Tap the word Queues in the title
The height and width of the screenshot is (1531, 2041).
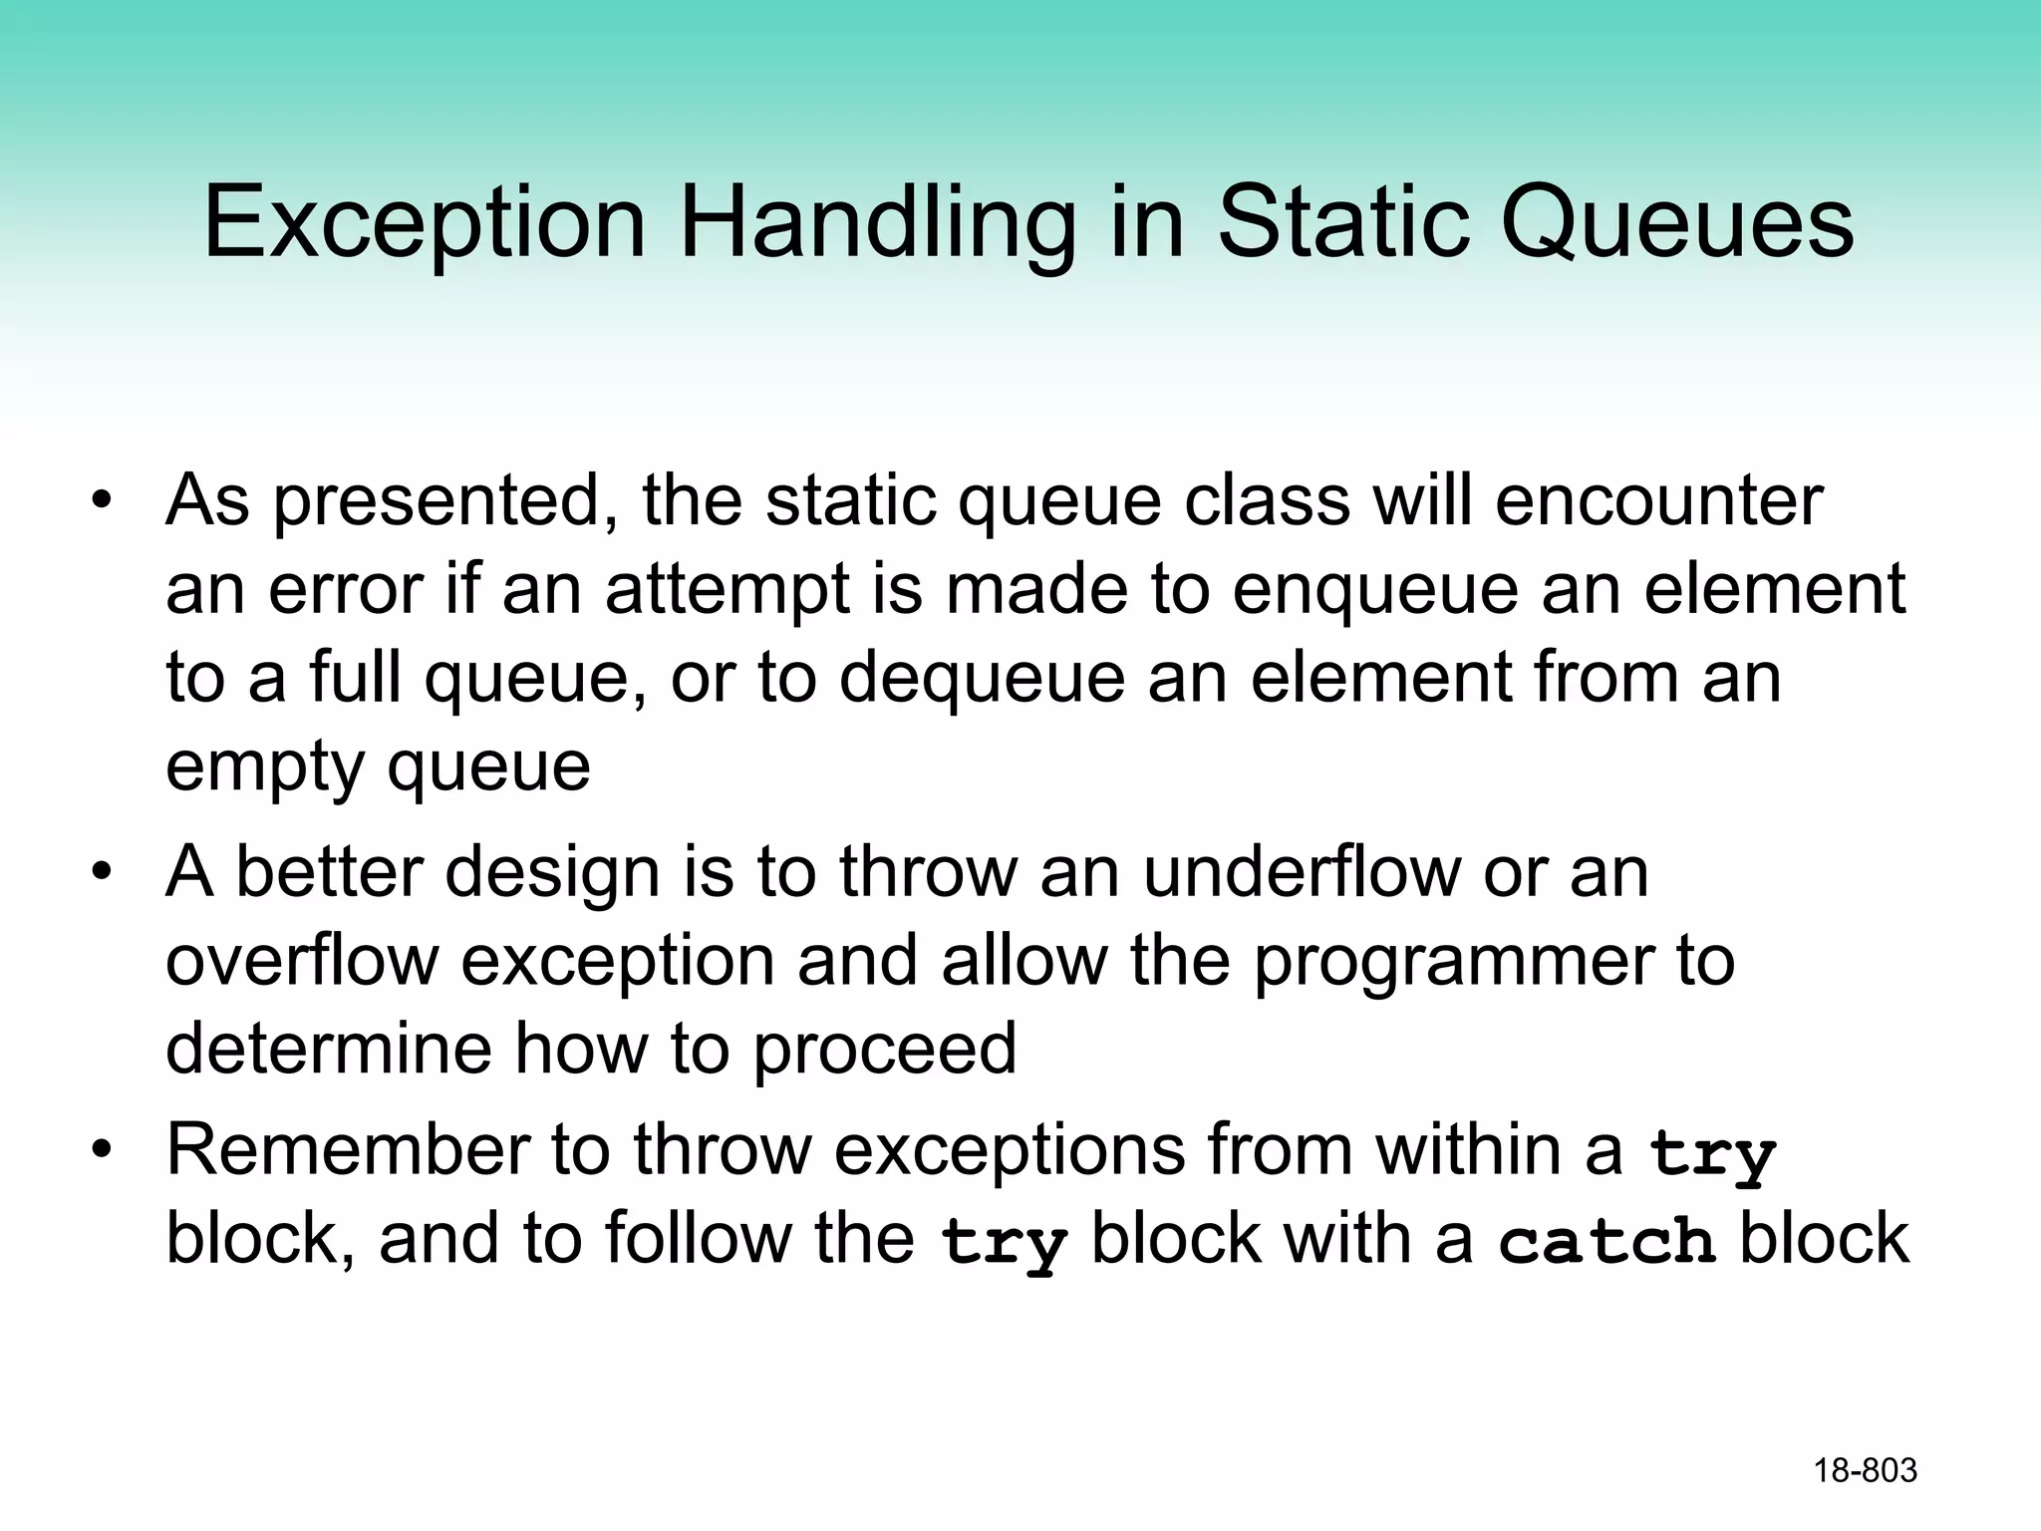pos(1676,223)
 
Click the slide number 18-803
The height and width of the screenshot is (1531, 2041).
pos(1865,1470)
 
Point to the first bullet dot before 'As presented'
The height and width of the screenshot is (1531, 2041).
pos(101,500)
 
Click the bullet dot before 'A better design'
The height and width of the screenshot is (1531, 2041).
pos(101,873)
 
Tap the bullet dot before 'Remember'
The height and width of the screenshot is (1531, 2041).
pos(101,1151)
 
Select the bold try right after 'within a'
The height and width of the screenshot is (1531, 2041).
pos(1712,1154)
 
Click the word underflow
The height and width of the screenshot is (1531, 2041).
pos(1301,872)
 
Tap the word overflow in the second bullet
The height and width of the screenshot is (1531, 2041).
pos(302,961)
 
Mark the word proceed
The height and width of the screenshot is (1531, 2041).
pos(884,1051)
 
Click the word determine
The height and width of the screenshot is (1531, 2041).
pos(328,1049)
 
